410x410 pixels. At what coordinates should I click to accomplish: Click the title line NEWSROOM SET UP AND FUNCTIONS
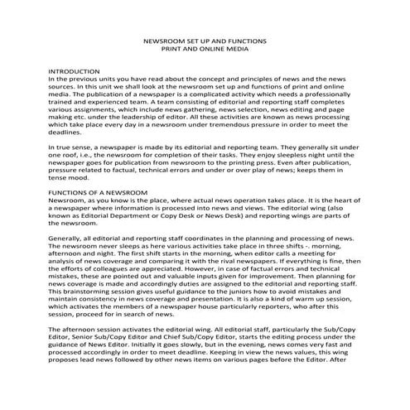click(204, 39)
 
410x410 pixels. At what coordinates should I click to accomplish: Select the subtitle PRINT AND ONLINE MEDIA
click(204, 48)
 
